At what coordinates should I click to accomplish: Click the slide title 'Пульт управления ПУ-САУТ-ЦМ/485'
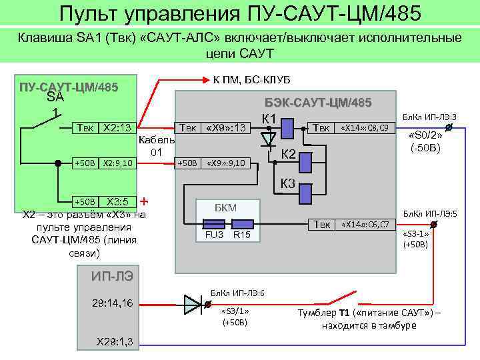pyautogui.click(x=240, y=13)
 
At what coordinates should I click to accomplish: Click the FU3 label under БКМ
pyautogui.click(x=213, y=235)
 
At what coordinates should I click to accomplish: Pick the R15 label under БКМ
pyautogui.click(x=241, y=235)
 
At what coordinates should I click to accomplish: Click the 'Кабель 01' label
pyautogui.click(x=156, y=146)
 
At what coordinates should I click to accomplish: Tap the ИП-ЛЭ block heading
pyautogui.click(x=113, y=275)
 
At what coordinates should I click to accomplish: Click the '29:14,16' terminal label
pyautogui.click(x=111, y=303)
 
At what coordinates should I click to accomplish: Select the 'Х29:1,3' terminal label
pyautogui.click(x=115, y=341)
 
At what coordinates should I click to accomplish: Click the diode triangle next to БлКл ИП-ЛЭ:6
pyautogui.click(x=192, y=304)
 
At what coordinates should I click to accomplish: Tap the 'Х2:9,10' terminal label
pyautogui.click(x=118, y=163)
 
